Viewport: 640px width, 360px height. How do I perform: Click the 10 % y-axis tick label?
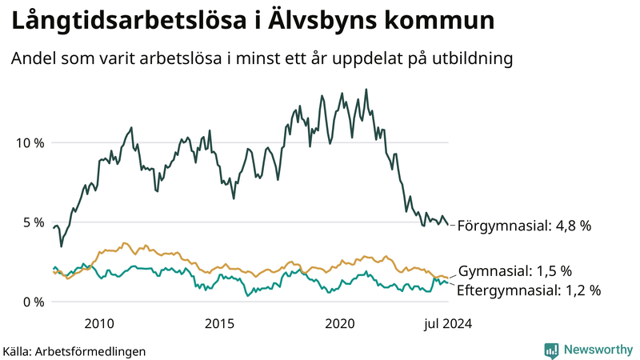pyautogui.click(x=30, y=143)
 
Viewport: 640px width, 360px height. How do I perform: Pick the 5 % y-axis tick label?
pyautogui.click(x=34, y=222)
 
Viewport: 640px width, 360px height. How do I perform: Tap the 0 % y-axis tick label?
pyautogui.click(x=34, y=302)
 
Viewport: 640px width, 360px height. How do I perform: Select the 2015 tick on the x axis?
pyautogui.click(x=219, y=324)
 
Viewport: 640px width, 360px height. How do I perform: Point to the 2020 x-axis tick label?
pyautogui.click(x=341, y=324)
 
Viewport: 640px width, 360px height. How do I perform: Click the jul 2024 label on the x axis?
pyautogui.click(x=446, y=324)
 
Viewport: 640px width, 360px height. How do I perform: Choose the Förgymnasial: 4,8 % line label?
pyautogui.click(x=524, y=226)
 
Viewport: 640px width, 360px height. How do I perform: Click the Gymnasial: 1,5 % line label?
pyautogui.click(x=514, y=270)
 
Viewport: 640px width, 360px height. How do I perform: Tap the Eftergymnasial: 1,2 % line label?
pyautogui.click(x=529, y=290)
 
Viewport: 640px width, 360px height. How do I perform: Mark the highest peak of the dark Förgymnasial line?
pyautogui.click(x=366, y=90)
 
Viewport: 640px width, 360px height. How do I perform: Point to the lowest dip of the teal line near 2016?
pyautogui.click(x=248, y=296)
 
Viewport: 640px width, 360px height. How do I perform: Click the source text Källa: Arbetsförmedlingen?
pyautogui.click(x=74, y=351)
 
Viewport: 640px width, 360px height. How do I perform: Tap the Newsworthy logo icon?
pyautogui.click(x=551, y=350)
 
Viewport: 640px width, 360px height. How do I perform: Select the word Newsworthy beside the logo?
pyautogui.click(x=598, y=350)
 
